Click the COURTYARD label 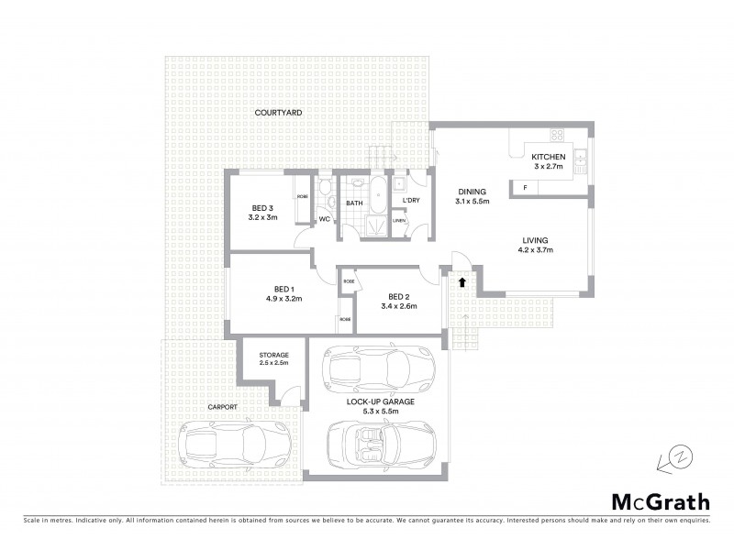pyautogui.click(x=279, y=112)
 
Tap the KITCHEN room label pyautogui.click(x=550, y=157)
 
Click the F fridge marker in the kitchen pyautogui.click(x=525, y=188)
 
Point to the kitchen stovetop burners pyautogui.click(x=557, y=137)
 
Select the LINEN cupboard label pyautogui.click(x=399, y=220)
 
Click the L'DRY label pyautogui.click(x=410, y=200)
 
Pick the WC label pyautogui.click(x=325, y=220)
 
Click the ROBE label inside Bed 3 pyautogui.click(x=302, y=196)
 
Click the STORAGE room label pyautogui.click(x=273, y=355)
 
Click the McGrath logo pyautogui.click(x=660, y=501)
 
